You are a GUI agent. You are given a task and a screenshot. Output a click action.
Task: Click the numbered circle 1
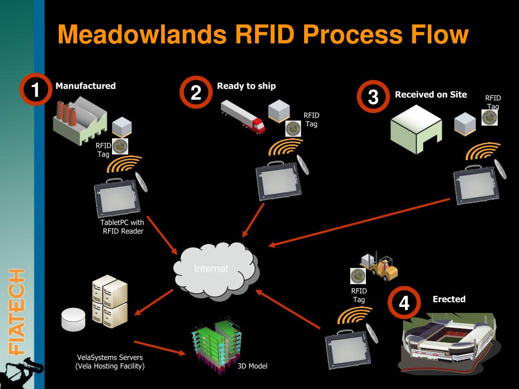(x=34, y=91)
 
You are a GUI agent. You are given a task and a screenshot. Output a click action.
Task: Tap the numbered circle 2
(x=196, y=93)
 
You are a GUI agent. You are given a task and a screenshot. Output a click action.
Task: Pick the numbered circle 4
(x=404, y=303)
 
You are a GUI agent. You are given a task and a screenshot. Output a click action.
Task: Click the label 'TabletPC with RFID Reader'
(x=122, y=227)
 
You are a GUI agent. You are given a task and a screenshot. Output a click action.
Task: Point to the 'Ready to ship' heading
(x=246, y=86)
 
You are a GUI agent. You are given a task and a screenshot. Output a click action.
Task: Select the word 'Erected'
(x=449, y=299)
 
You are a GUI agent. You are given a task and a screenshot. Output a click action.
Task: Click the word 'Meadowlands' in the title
(x=141, y=35)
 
